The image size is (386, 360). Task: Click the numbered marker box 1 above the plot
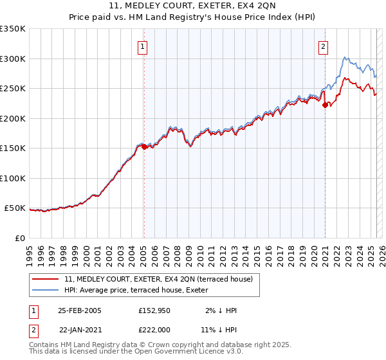coord(142,46)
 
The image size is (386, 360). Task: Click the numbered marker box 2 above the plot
coord(323,46)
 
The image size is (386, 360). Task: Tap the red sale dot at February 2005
coord(144,147)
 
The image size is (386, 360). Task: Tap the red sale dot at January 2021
coord(326,105)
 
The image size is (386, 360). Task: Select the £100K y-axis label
coord(13,178)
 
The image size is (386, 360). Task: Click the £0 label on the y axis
coord(19,238)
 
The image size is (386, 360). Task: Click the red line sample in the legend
coord(46,280)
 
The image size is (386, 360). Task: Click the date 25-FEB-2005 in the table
coord(80,310)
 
